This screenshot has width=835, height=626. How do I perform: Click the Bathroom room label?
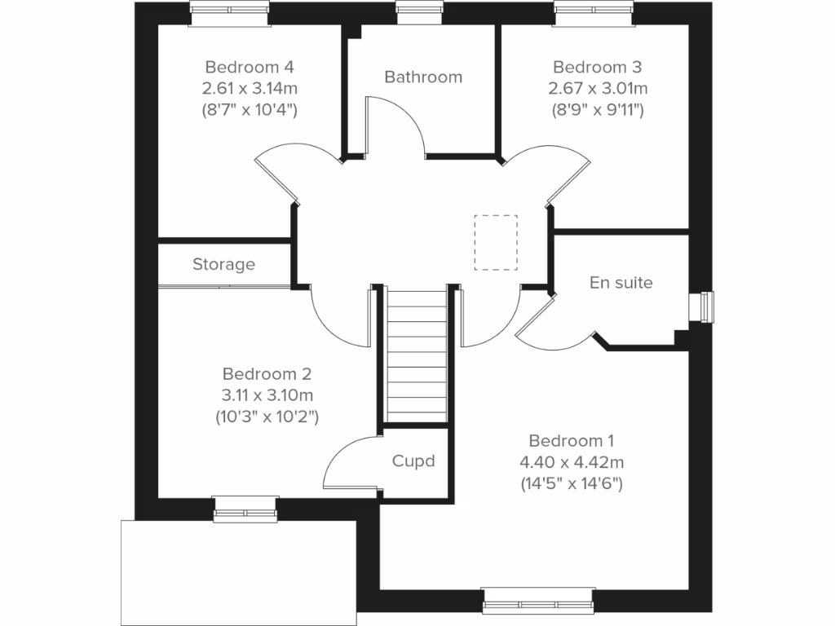coord(423,77)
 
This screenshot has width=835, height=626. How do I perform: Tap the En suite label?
coord(621,283)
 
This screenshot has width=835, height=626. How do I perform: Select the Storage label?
coord(223,264)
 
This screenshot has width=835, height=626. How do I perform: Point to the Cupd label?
coord(413,461)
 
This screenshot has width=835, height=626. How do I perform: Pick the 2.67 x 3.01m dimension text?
coord(599,88)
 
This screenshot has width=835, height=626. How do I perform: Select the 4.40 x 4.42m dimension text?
coord(572,463)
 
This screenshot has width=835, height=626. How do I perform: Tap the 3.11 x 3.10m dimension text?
coord(267,395)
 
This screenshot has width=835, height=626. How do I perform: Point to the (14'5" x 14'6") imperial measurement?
coord(572,484)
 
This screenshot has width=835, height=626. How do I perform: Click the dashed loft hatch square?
coord(496,242)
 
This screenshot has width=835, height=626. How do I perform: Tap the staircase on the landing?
coord(417,355)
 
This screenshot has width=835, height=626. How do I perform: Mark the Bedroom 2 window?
coord(245,510)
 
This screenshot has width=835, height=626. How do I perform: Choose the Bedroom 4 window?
coord(230,9)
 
